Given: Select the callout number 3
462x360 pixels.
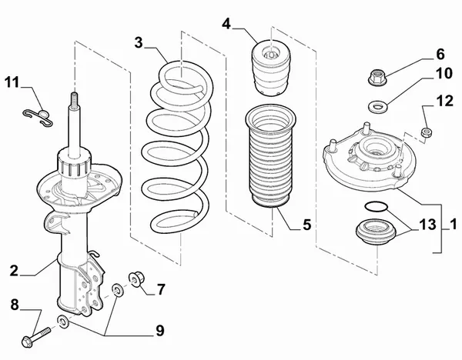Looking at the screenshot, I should click(139, 44).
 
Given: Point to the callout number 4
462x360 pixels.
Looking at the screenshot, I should click(227, 24).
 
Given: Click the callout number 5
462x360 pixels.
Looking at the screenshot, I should click(306, 225).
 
